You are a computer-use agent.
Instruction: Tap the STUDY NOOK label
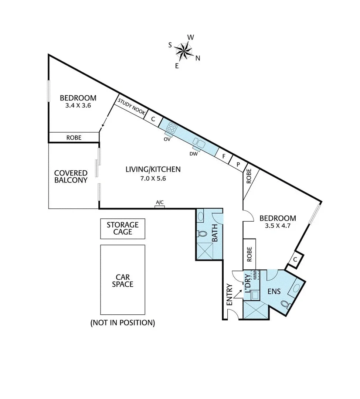click(x=131, y=108)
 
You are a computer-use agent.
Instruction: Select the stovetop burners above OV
click(x=171, y=128)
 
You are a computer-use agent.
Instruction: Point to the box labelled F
click(x=223, y=156)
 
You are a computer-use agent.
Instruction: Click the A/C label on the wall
click(x=160, y=202)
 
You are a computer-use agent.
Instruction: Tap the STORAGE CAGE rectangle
click(x=122, y=228)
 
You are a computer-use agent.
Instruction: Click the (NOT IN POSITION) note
click(x=122, y=323)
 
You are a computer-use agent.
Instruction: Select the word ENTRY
click(x=229, y=294)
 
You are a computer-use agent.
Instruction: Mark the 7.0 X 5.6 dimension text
click(x=153, y=178)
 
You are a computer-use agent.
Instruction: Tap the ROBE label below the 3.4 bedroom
click(x=74, y=137)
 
